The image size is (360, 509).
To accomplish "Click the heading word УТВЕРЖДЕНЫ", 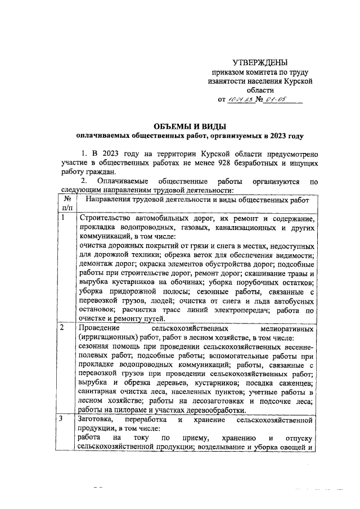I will coord(260,62).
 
